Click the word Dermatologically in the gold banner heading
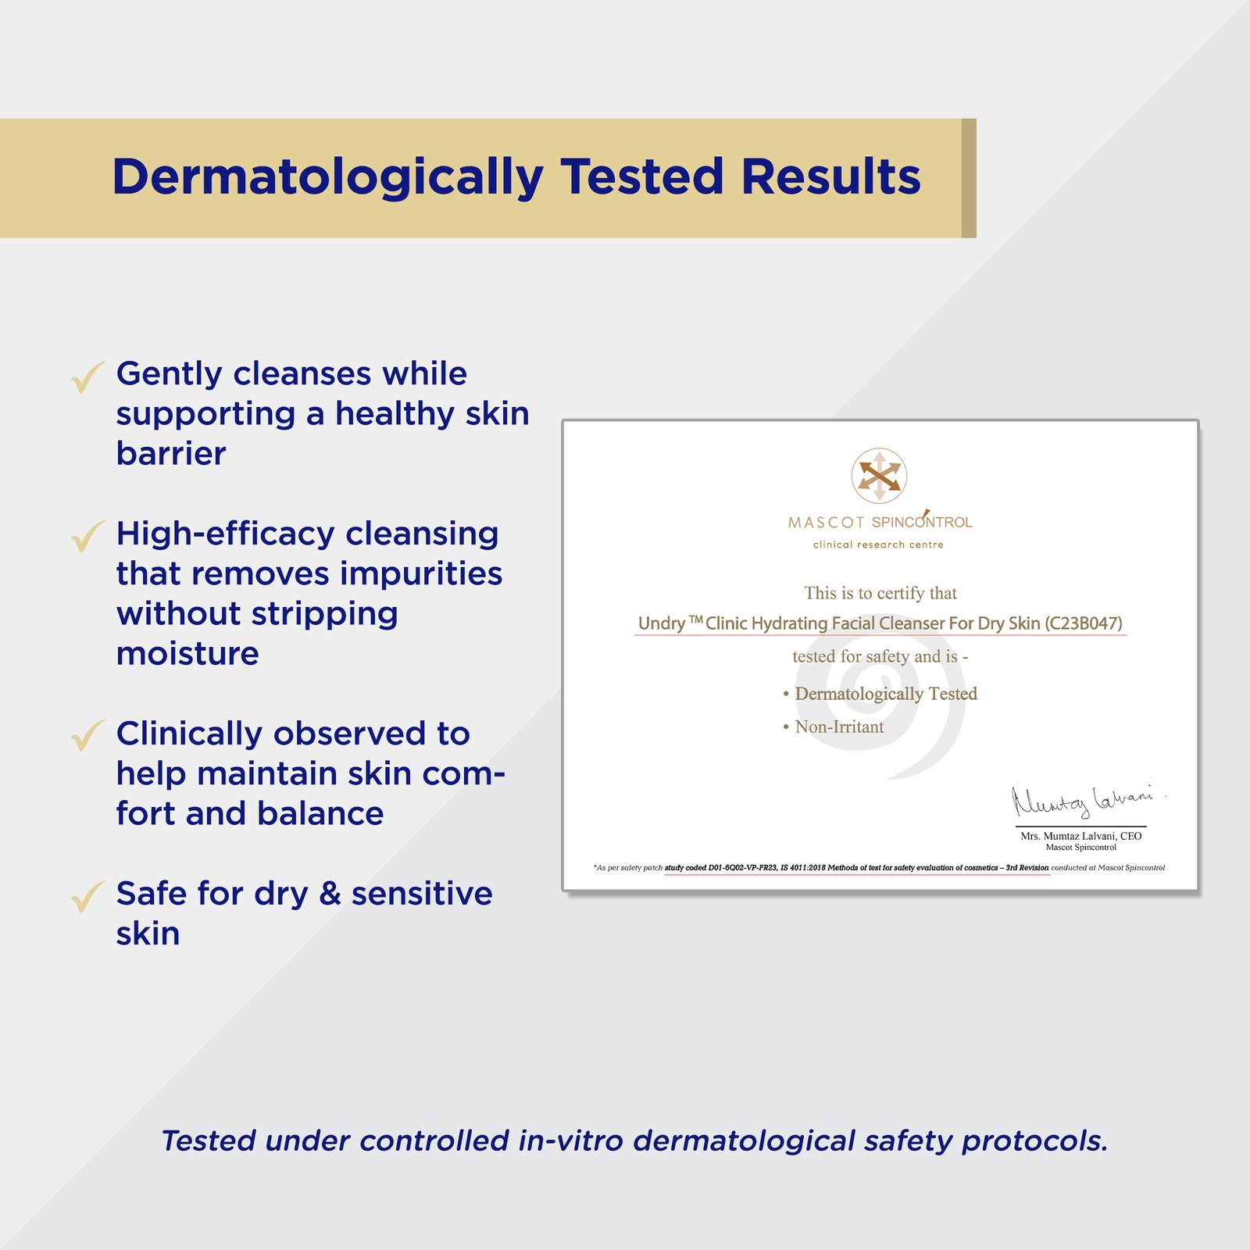328,178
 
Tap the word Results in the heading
831,177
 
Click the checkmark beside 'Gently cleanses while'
87,377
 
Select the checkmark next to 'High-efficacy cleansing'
87,537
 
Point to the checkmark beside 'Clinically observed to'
87,736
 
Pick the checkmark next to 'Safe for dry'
87,897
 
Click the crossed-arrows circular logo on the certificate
879,475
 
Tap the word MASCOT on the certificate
826,523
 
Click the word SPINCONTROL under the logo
922,521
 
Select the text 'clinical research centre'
878,545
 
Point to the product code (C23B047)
1084,623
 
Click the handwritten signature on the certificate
1083,800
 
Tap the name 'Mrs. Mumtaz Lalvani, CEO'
1081,836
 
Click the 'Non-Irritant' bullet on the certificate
834,727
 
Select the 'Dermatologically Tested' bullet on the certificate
880,694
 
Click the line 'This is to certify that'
880,593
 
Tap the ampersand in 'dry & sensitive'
330,894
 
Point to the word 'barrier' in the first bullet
171,453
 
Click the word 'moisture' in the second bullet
187,653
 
